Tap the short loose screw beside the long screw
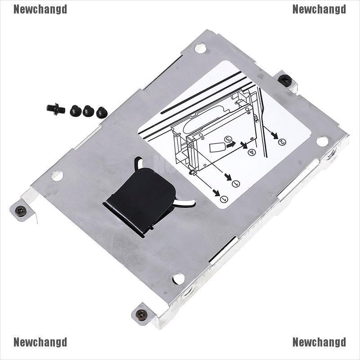coord(75,110)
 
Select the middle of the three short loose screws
coord(88,111)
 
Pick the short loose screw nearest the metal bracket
coord(102,112)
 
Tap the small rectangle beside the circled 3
coord(216,147)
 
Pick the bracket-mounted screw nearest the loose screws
coord(21,210)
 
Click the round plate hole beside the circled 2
coord(322,141)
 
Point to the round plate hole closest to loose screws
coord(57,175)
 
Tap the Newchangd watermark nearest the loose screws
coord(40,9)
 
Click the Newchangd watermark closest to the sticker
coord(319,9)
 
